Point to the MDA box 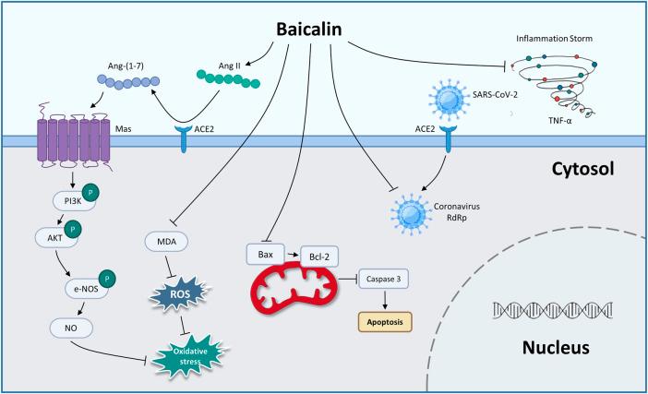coord(169,243)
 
